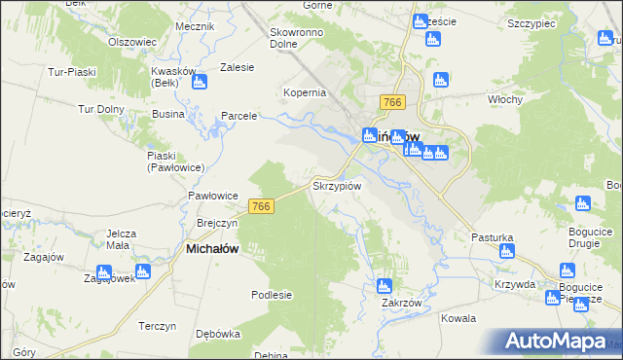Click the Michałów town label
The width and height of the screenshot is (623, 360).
[x=212, y=249]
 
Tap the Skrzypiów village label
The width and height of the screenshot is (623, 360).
[x=338, y=185]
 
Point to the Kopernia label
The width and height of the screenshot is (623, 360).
[x=304, y=92]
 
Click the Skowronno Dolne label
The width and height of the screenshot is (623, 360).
[x=296, y=37]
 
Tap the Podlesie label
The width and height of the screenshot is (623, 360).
[x=272, y=295]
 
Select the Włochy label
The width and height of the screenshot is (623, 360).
[x=506, y=99]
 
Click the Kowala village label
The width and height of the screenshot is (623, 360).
[x=458, y=318]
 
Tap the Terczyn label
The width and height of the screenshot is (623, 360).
[x=156, y=325]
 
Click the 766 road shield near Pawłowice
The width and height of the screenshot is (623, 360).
[x=260, y=206]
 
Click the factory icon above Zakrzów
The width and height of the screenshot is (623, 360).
[x=384, y=286]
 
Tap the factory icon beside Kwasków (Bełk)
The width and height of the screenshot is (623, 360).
[x=200, y=82]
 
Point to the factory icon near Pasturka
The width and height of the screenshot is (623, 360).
[x=505, y=253]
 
